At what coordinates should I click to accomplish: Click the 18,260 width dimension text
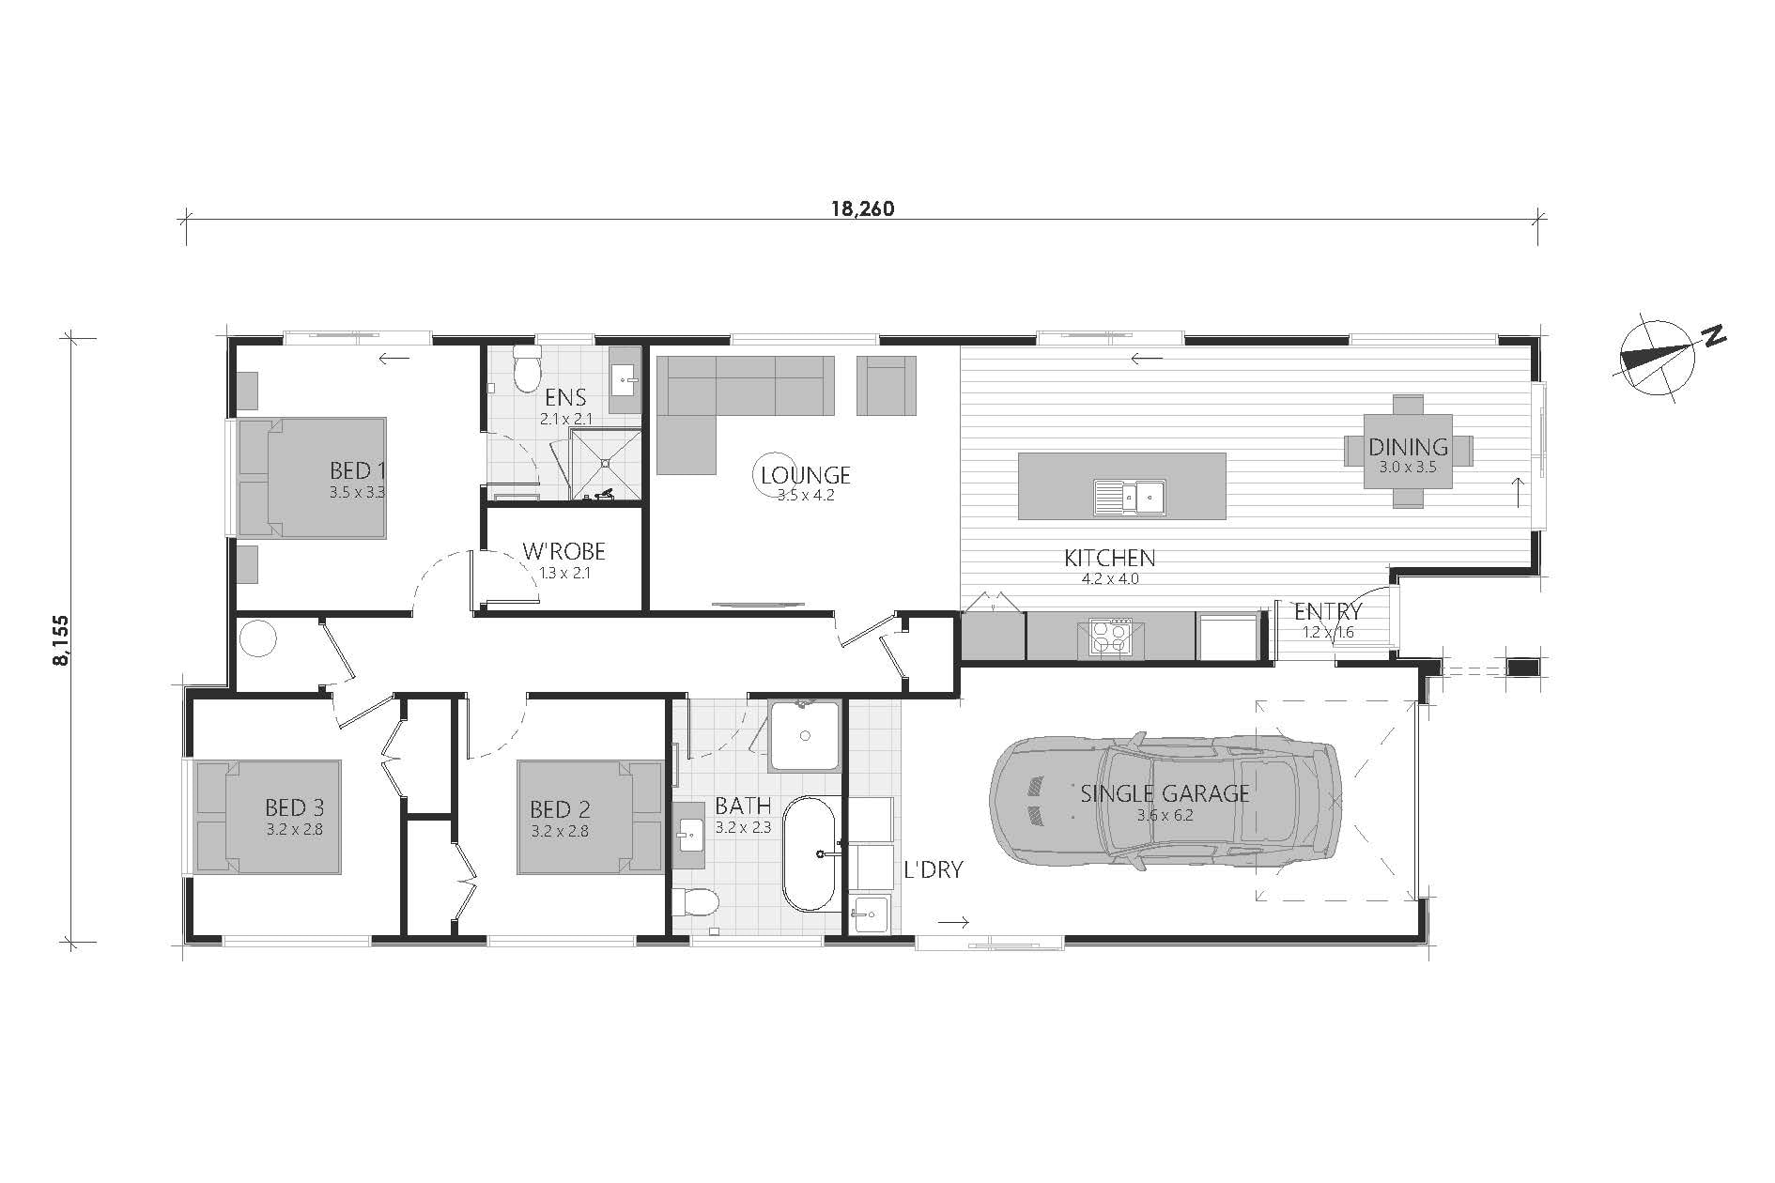[x=862, y=208]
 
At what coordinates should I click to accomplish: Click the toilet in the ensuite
[x=527, y=369]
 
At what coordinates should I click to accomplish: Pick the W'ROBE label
[x=564, y=552]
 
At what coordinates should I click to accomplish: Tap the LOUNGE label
[x=806, y=475]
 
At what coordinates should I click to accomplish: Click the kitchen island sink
[x=1129, y=497]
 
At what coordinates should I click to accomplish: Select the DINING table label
[x=1408, y=447]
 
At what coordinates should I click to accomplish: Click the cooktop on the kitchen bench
[x=1110, y=637]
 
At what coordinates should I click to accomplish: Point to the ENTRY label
[x=1328, y=612]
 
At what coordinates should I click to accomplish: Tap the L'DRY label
[x=934, y=869]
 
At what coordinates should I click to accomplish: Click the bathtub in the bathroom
[x=810, y=853]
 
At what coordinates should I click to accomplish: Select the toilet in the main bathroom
[x=695, y=903]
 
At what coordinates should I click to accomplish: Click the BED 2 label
[x=560, y=809]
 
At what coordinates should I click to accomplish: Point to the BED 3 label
[x=294, y=807]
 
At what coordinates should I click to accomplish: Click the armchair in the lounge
[x=886, y=385]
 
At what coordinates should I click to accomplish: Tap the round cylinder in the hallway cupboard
[x=257, y=639]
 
